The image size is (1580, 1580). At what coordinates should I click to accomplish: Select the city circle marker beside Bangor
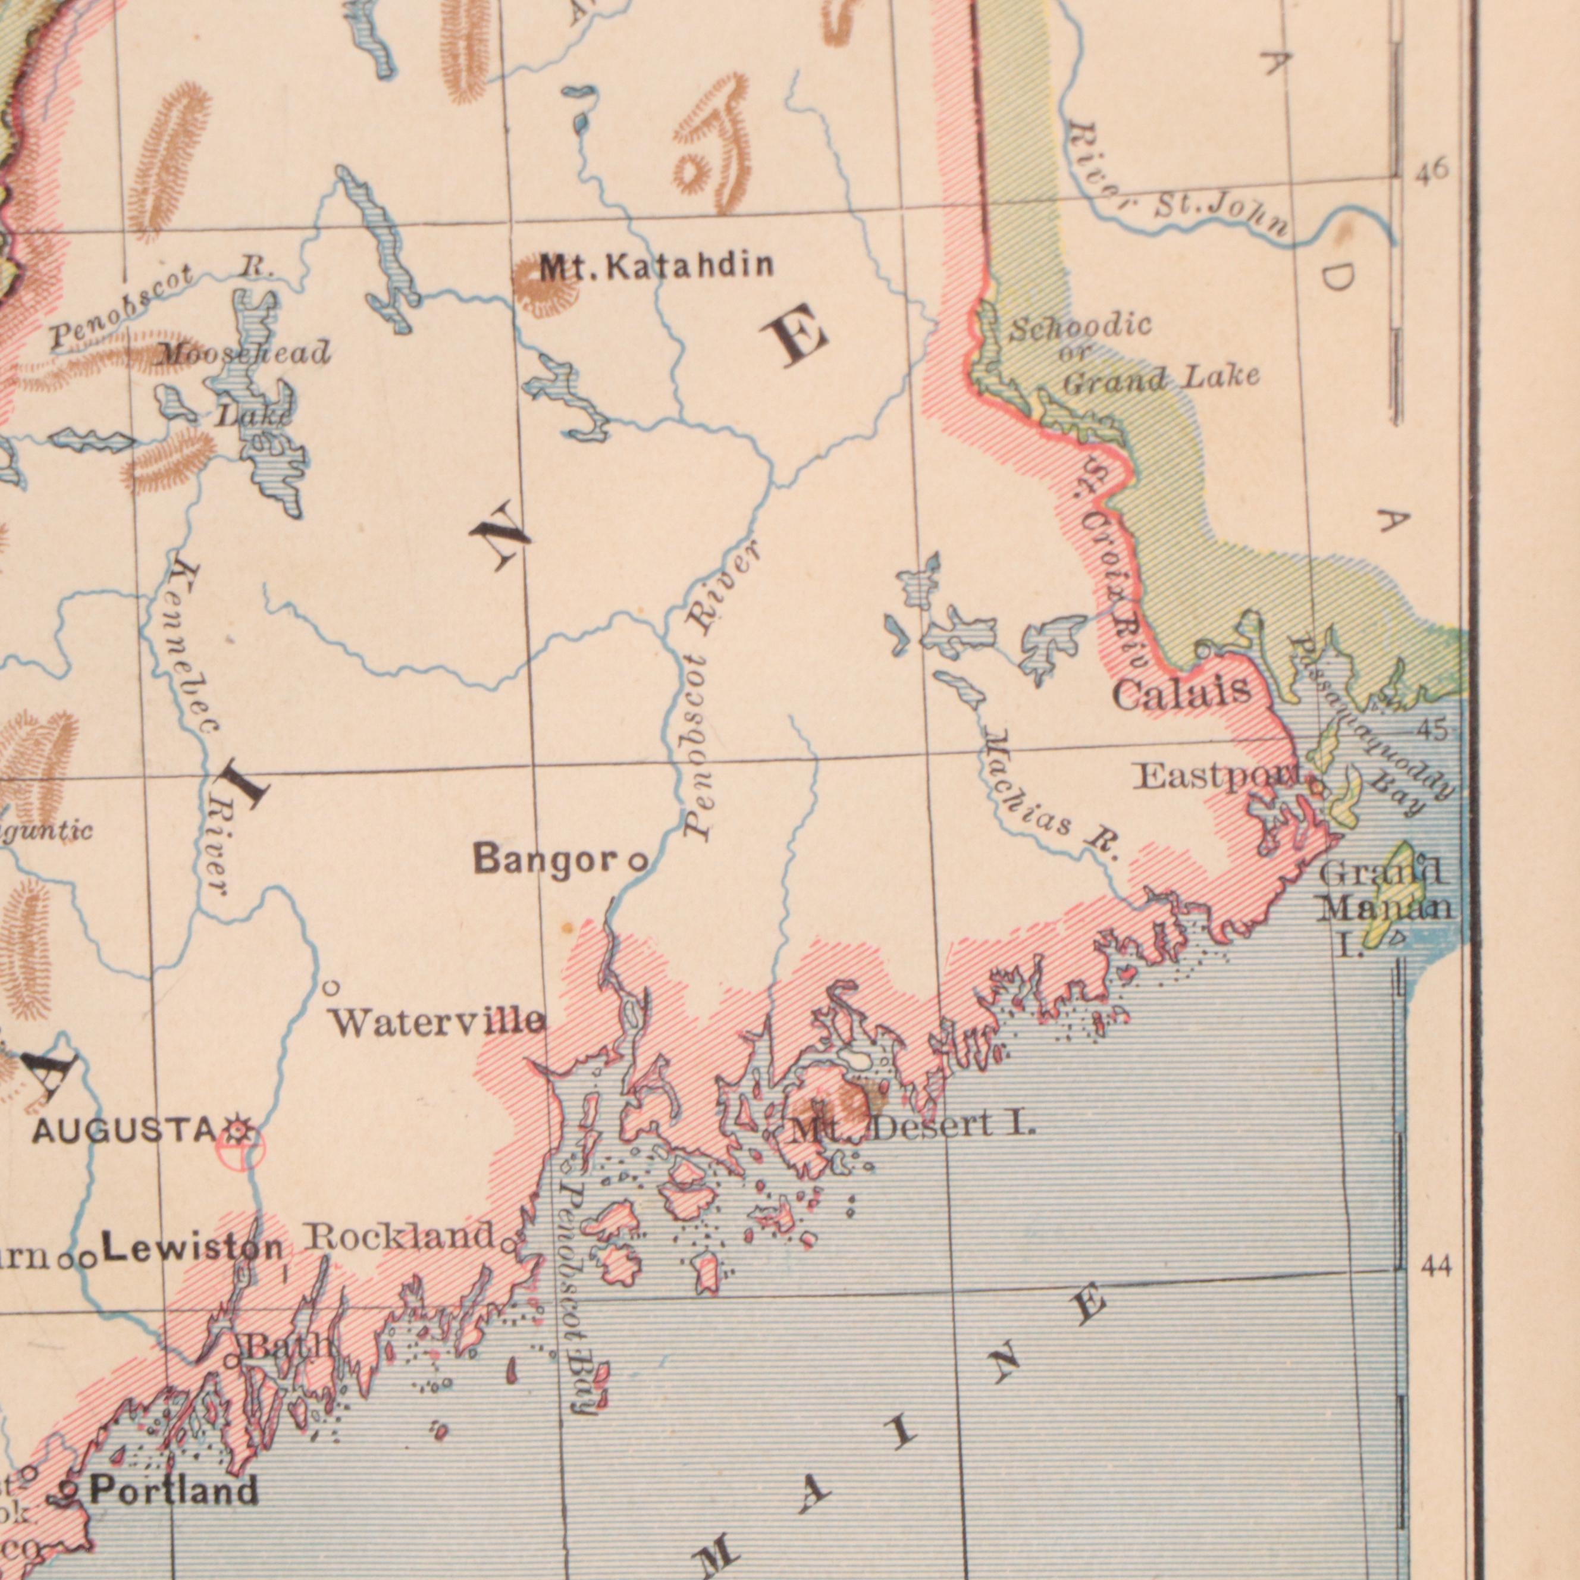(637, 861)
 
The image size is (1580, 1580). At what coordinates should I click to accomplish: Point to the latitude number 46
(1432, 171)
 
